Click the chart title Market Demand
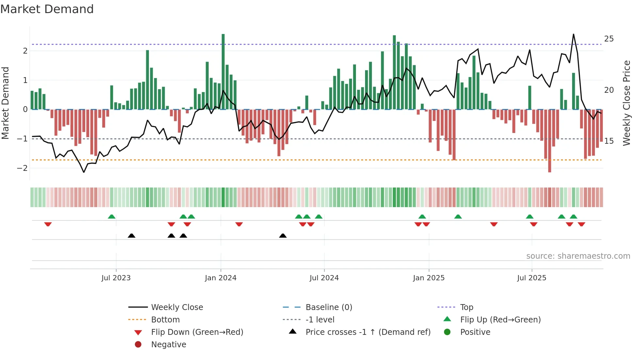pyautogui.click(x=47, y=9)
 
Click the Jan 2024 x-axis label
pyautogui.click(x=220, y=278)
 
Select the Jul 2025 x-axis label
pyautogui.click(x=531, y=278)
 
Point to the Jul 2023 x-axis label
pyautogui.click(x=116, y=278)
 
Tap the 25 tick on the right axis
pyautogui.click(x=609, y=39)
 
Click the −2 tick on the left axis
pyautogui.click(x=23, y=168)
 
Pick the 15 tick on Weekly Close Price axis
pyautogui.click(x=609, y=141)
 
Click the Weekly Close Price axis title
pyautogui.click(x=626, y=103)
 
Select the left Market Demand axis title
pyautogui.click(x=6, y=103)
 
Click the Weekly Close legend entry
pyautogui.click(x=177, y=307)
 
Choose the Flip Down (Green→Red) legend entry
pyautogui.click(x=197, y=332)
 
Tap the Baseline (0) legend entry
pyautogui.click(x=328, y=307)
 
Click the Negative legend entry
pyautogui.click(x=168, y=345)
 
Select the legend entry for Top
pyautogui.click(x=466, y=307)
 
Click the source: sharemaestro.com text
pyautogui.click(x=578, y=256)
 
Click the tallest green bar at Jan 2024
pyautogui.click(x=223, y=72)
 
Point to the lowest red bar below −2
pyautogui.click(x=550, y=140)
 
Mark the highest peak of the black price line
pyautogui.click(x=573, y=34)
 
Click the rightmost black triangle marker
pyautogui.click(x=283, y=236)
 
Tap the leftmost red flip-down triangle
pyautogui.click(x=48, y=224)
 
